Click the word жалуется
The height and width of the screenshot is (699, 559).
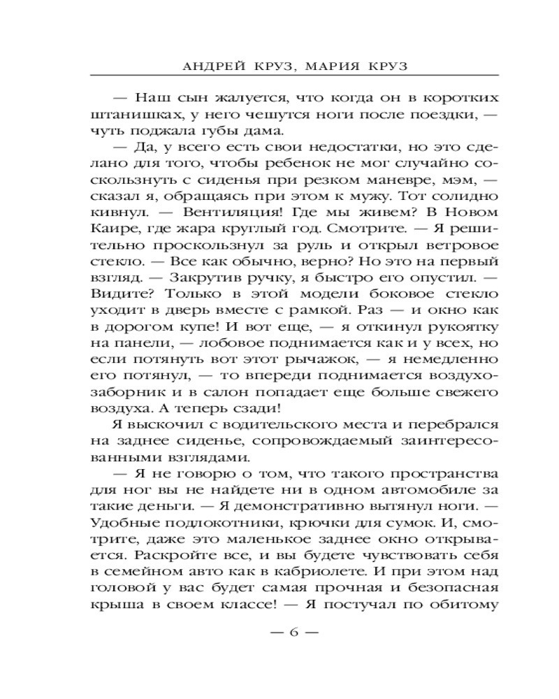click(213, 97)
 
